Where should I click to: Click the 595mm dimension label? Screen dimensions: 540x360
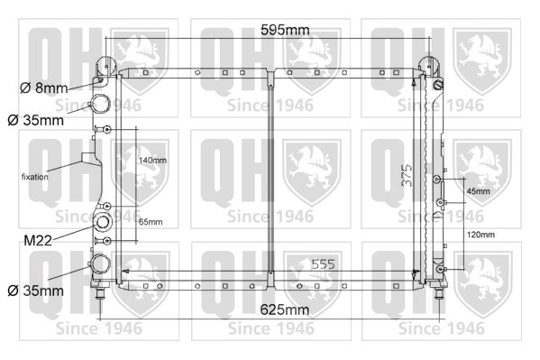[x=285, y=30]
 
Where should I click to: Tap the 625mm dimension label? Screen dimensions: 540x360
[x=285, y=309]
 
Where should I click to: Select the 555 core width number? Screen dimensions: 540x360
[x=323, y=264]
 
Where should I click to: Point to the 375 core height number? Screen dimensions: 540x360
[x=407, y=175]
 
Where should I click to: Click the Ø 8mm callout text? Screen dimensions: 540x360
[x=44, y=88]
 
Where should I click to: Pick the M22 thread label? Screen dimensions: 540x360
[x=38, y=240]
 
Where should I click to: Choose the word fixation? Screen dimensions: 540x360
[x=35, y=177]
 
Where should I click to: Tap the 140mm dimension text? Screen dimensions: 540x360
[x=152, y=161]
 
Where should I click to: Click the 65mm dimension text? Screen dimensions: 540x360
[x=151, y=222]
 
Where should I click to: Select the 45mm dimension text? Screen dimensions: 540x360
[x=478, y=191]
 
